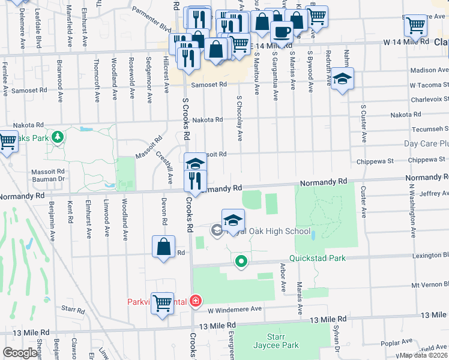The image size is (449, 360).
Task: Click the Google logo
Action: (20, 353)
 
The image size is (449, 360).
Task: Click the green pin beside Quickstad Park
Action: (241, 262)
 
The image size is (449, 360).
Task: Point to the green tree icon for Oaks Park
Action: (58, 138)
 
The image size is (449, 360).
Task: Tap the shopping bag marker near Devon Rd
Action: (163, 247)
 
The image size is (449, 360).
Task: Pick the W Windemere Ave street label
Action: (235, 309)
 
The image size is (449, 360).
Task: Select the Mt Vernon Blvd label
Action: (429, 285)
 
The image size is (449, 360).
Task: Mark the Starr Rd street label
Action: (73, 310)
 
